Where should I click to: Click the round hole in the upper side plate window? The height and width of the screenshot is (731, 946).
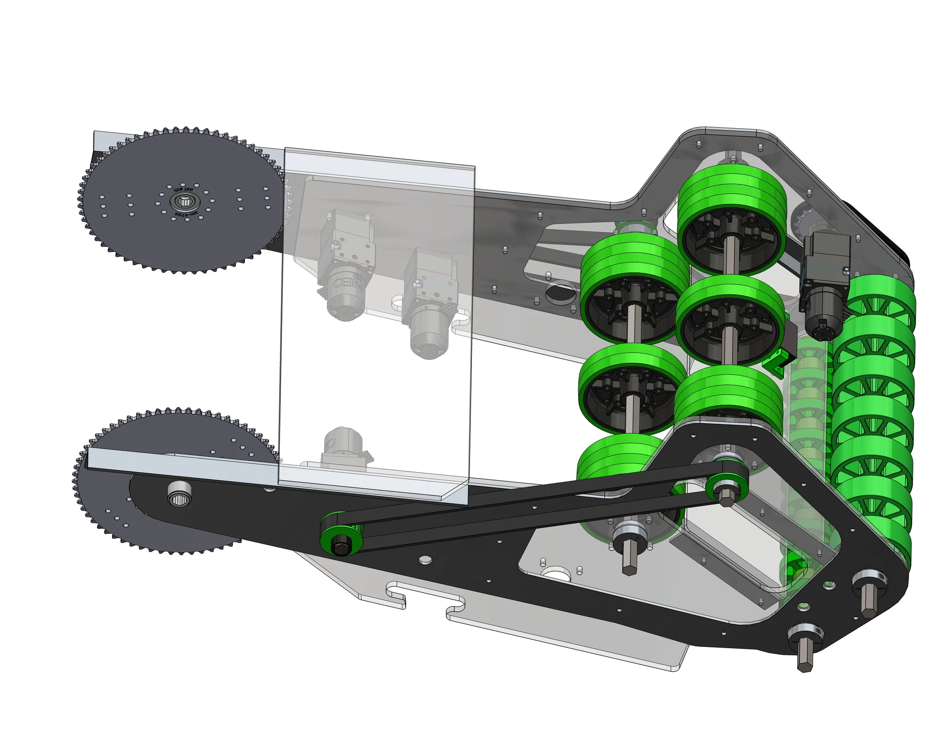pos(559,291)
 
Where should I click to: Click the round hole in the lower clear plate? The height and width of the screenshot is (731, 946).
pos(559,575)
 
